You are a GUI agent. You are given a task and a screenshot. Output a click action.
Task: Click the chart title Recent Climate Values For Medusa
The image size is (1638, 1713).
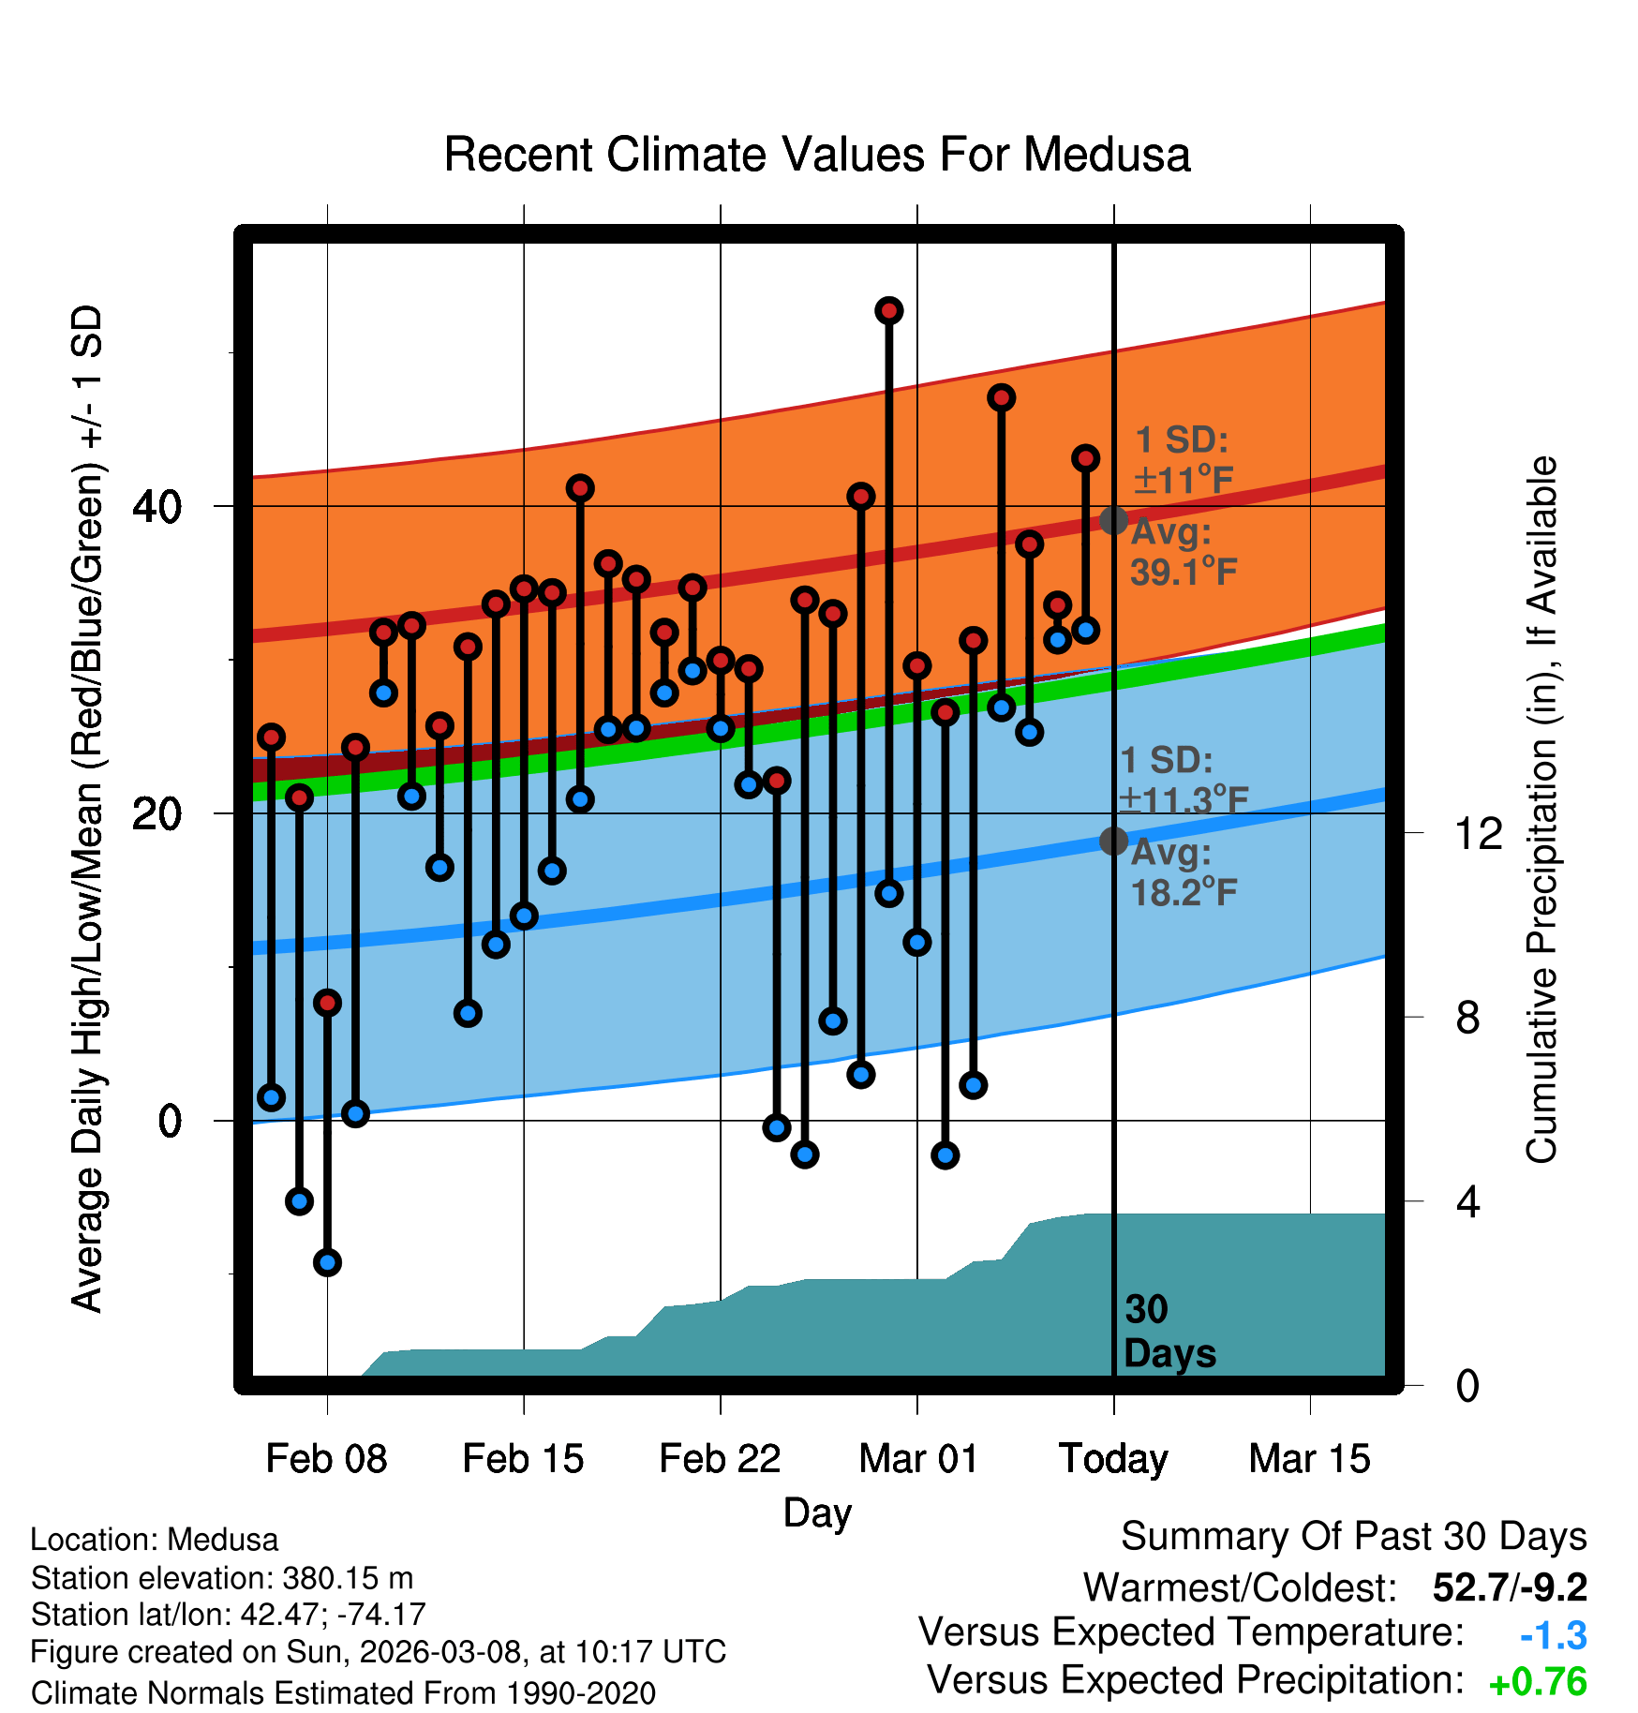[x=816, y=155]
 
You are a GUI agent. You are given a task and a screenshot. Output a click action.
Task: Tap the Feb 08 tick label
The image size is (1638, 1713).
[x=326, y=1459]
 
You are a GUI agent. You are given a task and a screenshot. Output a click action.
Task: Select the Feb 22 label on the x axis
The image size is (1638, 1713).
[x=720, y=1459]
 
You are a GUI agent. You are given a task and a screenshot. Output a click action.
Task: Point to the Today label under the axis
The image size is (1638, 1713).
[x=1113, y=1459]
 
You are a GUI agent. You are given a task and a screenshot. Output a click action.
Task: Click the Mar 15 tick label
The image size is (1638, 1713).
[x=1309, y=1459]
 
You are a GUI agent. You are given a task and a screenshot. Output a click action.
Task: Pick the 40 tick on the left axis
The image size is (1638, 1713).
[x=157, y=507]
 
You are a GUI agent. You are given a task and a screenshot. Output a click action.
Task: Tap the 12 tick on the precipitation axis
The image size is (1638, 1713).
[x=1479, y=833]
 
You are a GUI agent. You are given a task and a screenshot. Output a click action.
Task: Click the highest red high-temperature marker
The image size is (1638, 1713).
[x=889, y=310]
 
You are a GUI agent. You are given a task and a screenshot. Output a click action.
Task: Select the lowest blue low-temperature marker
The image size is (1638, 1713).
[x=327, y=1262]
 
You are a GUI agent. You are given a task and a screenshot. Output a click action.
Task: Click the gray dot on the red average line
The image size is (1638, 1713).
[x=1113, y=520]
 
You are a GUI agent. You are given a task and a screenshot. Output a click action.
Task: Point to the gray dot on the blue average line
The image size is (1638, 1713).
[x=1113, y=842]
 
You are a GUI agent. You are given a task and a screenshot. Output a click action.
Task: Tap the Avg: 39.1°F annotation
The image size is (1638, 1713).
[x=1184, y=552]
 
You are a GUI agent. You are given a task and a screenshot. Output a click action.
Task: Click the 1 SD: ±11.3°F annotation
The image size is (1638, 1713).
[x=1184, y=780]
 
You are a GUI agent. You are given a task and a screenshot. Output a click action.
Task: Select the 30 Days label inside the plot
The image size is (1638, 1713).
[x=1169, y=1332]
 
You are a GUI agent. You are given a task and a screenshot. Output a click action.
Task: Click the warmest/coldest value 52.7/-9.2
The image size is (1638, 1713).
[x=1510, y=1587]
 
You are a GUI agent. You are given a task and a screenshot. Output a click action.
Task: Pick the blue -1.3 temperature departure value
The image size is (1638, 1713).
[x=1553, y=1635]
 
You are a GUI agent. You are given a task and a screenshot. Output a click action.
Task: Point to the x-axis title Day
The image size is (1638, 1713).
[x=817, y=1512]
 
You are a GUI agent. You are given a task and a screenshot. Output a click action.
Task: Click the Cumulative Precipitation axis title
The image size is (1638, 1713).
[x=1541, y=810]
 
